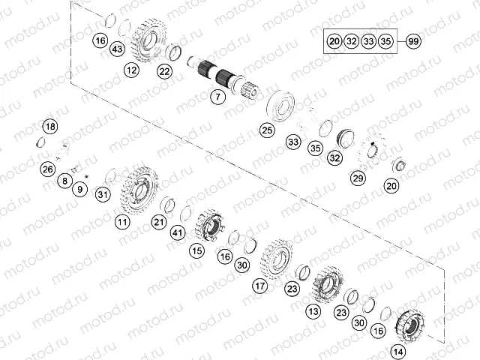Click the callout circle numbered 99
point(412,41)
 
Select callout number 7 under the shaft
point(217,97)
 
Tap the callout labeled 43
point(116,49)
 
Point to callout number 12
point(132,70)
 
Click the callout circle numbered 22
point(164,71)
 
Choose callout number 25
point(266,130)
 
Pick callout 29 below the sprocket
point(358,177)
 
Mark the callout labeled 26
point(48,169)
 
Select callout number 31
point(103,195)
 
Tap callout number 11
point(122,221)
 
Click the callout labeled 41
point(177,233)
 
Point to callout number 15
point(196,250)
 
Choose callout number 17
point(260,286)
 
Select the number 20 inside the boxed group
point(334,41)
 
